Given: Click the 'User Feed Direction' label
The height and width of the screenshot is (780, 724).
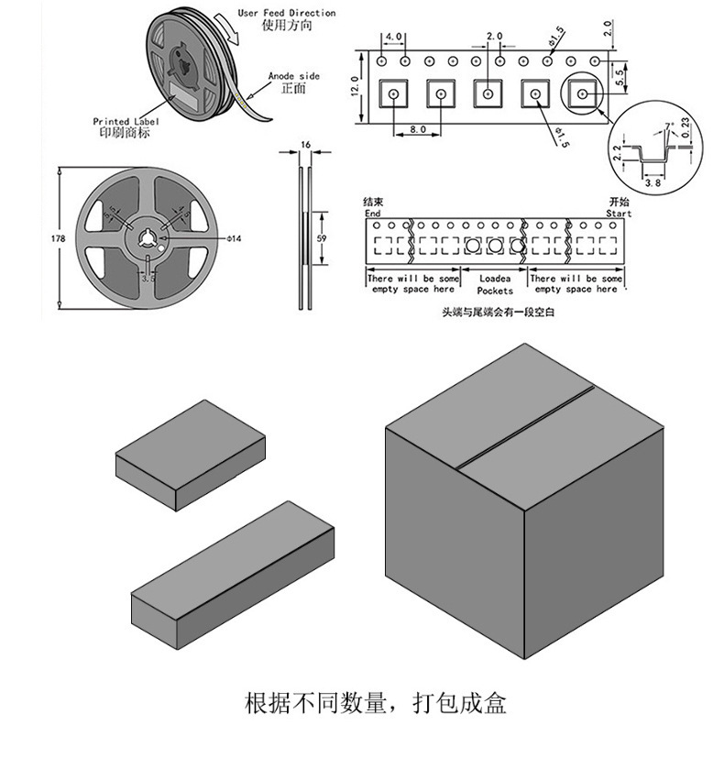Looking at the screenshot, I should [x=286, y=13].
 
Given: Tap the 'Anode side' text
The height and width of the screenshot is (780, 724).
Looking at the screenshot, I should [x=293, y=76].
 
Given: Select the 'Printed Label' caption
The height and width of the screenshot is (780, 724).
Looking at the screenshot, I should [x=126, y=121].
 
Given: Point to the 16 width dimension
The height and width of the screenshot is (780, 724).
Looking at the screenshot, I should [x=305, y=145].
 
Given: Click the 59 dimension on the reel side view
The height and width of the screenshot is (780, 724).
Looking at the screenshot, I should [x=321, y=238].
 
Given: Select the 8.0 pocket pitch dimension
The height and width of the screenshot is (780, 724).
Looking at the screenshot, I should [x=418, y=130].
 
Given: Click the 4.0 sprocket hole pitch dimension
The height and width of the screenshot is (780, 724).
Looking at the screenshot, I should [x=393, y=37].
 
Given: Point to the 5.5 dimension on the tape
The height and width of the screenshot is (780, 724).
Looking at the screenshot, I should [x=620, y=78].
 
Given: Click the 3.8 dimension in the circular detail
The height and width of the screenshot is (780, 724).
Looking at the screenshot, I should [x=653, y=183].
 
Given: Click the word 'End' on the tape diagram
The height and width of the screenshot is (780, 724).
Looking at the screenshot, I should [x=372, y=213].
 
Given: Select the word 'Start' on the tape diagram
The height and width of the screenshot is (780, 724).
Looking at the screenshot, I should [x=619, y=213].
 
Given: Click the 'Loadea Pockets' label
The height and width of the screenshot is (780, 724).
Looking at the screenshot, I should [x=495, y=283].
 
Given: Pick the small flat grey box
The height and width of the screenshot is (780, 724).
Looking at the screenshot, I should [x=190, y=455].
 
